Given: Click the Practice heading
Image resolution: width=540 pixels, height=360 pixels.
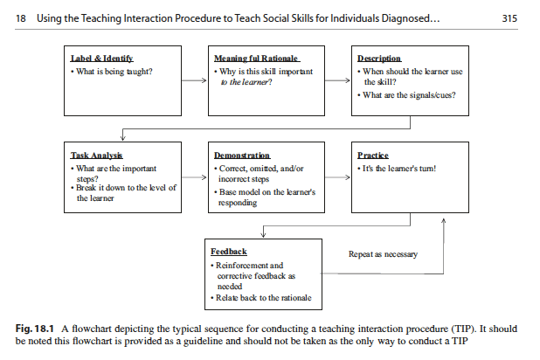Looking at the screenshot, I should (x=373, y=155).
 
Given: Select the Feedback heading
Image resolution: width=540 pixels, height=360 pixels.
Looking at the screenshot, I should (x=229, y=251).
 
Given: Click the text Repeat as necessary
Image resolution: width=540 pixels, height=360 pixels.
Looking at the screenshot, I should (x=383, y=254).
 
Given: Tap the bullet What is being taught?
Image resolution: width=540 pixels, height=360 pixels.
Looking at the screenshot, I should (x=113, y=71).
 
